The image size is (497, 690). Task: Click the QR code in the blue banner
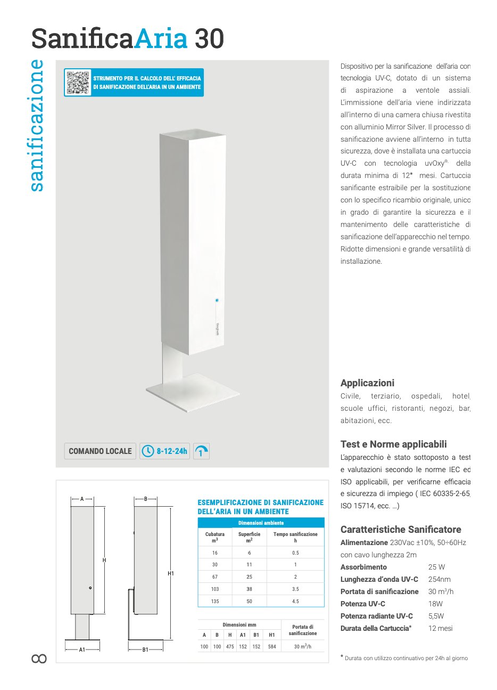(78, 83)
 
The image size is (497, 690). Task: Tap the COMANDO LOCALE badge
(100, 451)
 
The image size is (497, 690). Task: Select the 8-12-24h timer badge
(165, 451)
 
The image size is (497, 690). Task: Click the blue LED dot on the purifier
(217, 301)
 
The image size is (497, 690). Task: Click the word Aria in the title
(160, 39)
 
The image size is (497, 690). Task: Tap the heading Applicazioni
(367, 383)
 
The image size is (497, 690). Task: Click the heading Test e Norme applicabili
(393, 444)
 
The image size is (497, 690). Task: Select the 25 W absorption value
(436, 567)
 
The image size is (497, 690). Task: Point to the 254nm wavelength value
(439, 579)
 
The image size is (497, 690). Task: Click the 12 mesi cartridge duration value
(441, 628)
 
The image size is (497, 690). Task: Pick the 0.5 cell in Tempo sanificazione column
(295, 553)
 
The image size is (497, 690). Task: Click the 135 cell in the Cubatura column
(215, 601)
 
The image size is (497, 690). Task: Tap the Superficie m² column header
(249, 537)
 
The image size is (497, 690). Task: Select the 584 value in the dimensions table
(272, 647)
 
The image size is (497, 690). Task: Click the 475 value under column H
(230, 647)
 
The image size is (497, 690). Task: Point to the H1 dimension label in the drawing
(171, 573)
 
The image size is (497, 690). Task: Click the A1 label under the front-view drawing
(82, 650)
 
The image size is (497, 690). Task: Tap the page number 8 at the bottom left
(39, 659)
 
